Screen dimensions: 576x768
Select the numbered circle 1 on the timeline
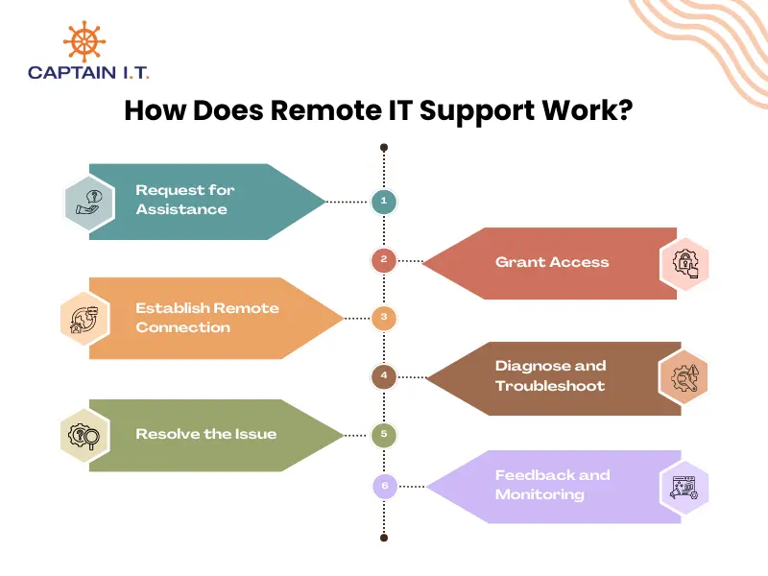[x=384, y=202]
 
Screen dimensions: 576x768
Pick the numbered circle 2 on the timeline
[x=384, y=259]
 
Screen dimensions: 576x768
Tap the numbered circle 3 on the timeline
[x=384, y=318]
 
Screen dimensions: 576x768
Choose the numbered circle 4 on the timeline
[x=384, y=375]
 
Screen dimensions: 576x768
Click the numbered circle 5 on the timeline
[x=384, y=435]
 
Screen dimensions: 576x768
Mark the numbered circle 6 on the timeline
[x=384, y=487]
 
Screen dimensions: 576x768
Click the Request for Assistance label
[x=184, y=200]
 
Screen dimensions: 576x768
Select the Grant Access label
[x=552, y=262]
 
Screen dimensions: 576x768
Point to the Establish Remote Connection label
[x=206, y=318]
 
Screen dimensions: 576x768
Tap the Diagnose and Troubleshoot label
[x=550, y=375]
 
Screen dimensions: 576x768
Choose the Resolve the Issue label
[x=205, y=434]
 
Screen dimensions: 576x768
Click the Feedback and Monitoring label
[x=552, y=485]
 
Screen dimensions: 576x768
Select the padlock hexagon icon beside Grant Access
[x=684, y=262]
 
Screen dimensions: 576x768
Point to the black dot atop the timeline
[x=384, y=148]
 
